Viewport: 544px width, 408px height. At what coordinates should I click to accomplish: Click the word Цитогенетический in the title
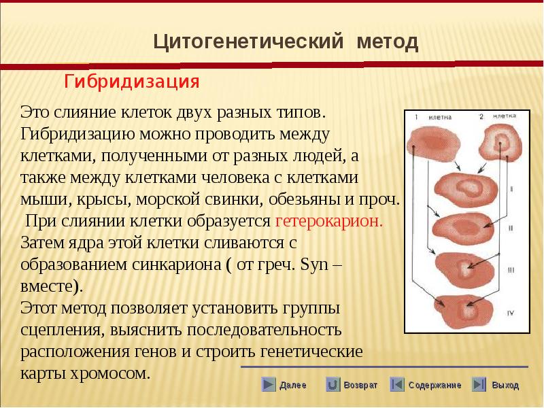tap(248, 41)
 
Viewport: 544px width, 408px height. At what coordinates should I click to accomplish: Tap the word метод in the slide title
tap(388, 41)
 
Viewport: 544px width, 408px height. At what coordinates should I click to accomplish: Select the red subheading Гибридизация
tap(132, 82)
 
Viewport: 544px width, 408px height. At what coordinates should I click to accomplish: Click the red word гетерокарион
tap(329, 220)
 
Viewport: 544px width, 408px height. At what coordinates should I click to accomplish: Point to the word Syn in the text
tap(314, 265)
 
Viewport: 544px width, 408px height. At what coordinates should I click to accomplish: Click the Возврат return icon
tap(333, 384)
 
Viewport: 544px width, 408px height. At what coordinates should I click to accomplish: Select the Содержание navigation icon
tap(397, 384)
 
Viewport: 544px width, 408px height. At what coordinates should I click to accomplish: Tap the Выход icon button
tap(479, 384)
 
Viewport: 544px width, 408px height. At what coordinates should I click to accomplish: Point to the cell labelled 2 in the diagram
tap(500, 143)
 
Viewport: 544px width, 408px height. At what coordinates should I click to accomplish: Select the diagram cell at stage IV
tap(464, 311)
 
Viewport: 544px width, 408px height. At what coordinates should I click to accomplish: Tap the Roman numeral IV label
tap(511, 313)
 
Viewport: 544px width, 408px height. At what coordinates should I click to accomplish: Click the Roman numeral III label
tap(511, 270)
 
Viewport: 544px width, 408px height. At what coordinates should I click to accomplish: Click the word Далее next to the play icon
tap(293, 385)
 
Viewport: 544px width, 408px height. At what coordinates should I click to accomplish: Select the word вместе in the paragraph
tap(52, 286)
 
